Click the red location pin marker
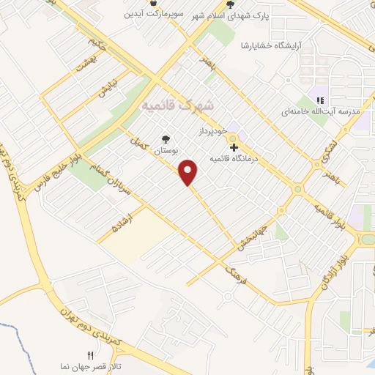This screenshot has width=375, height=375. coord(189,171)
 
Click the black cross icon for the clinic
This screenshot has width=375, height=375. coord(234,147)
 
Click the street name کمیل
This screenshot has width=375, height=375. coord(140,138)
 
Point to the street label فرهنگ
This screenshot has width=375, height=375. coord(233,275)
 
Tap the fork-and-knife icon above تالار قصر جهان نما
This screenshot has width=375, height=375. coord(91,354)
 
